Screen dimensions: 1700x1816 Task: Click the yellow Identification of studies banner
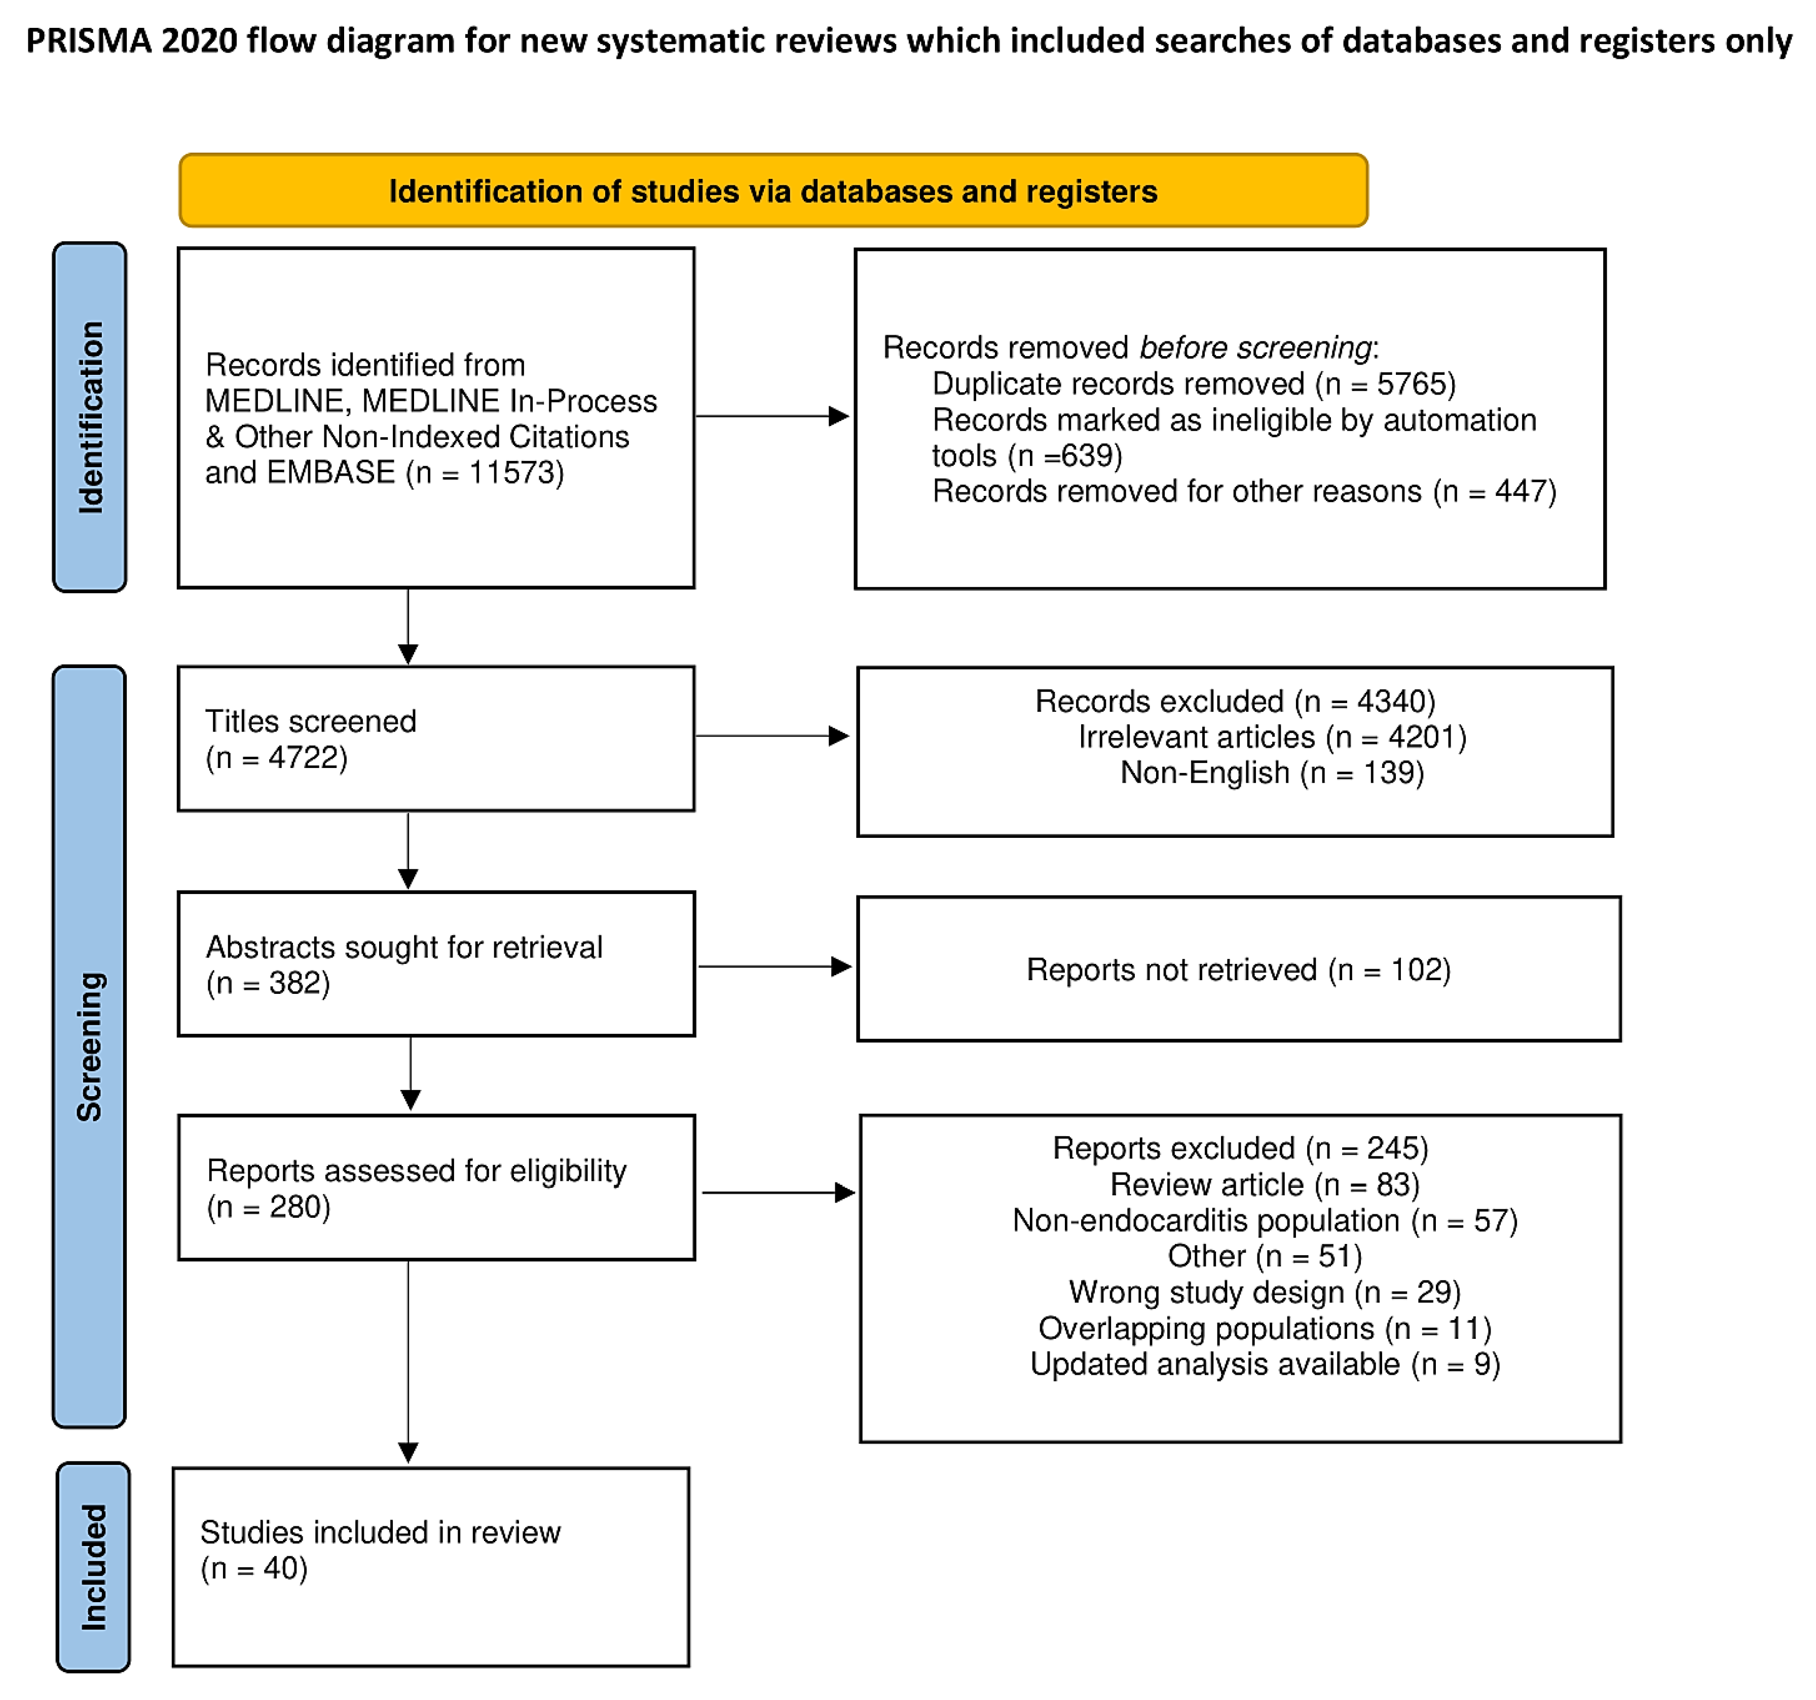(773, 191)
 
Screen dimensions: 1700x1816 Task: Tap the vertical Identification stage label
(90, 417)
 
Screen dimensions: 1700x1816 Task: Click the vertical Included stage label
(93, 1567)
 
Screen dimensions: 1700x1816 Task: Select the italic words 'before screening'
(1255, 348)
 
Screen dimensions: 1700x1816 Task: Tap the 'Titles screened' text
(311, 721)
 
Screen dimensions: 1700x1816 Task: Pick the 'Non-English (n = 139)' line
(1272, 772)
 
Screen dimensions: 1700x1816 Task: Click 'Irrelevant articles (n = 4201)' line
(1272, 737)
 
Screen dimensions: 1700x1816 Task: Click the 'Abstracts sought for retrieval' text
(404, 948)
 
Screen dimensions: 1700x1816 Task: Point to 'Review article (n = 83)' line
(1264, 1184)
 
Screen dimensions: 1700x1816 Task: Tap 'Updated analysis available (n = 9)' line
(1264, 1364)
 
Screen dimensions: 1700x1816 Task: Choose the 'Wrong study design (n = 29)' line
(1264, 1292)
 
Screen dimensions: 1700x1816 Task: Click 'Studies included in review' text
(380, 1532)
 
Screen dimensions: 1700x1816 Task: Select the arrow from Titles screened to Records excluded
(772, 736)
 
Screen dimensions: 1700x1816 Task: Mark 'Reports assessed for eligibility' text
(417, 1171)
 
